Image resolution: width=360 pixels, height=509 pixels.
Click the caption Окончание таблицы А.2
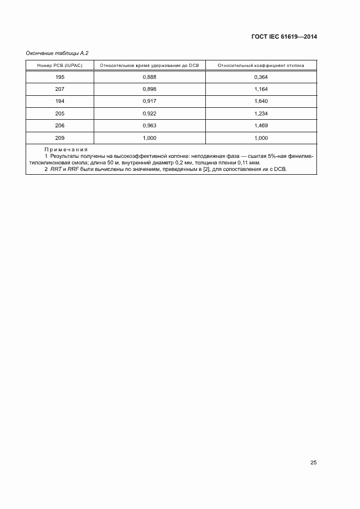coord(57,53)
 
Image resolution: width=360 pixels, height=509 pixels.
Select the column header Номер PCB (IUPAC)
coord(60,65)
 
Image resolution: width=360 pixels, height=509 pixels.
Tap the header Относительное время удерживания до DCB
coord(149,65)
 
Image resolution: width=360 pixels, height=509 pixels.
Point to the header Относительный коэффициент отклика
coord(261,65)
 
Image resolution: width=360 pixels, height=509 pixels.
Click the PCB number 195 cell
coord(60,77)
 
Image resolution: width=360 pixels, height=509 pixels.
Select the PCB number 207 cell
coord(60,89)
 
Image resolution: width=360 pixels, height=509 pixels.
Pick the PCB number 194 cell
coord(60,102)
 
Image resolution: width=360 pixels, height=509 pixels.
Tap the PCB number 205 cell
coord(60,114)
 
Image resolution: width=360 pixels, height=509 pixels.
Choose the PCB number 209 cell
coord(60,138)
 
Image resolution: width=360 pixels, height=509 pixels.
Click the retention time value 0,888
coord(149,77)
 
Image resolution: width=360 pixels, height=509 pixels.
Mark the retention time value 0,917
coord(149,102)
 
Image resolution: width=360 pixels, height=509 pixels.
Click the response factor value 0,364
coord(261,77)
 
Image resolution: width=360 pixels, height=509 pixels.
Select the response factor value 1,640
coord(261,102)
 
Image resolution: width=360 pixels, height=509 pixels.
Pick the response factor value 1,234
coord(261,114)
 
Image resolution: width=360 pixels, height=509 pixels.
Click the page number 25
coord(313,463)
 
